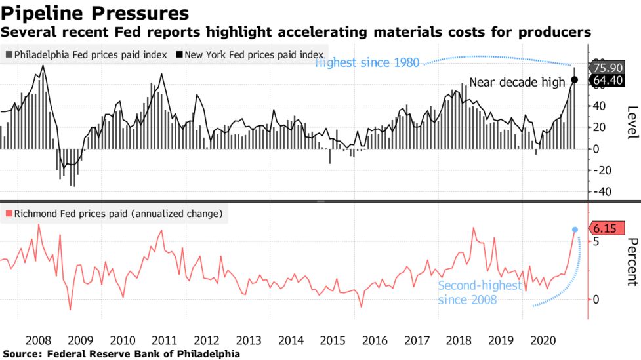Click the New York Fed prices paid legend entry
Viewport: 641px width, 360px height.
(253, 54)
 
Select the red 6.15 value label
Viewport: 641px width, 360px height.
(604, 229)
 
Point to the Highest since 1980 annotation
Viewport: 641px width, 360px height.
(368, 63)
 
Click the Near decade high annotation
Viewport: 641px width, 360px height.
(517, 82)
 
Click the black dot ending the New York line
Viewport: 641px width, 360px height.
(574, 80)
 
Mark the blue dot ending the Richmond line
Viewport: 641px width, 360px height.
(575, 230)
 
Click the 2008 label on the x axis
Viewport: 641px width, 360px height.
(39, 341)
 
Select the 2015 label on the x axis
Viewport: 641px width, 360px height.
(333, 341)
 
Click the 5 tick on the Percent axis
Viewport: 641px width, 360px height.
(596, 241)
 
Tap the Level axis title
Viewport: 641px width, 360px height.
(632, 122)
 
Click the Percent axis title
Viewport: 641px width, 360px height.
(632, 262)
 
